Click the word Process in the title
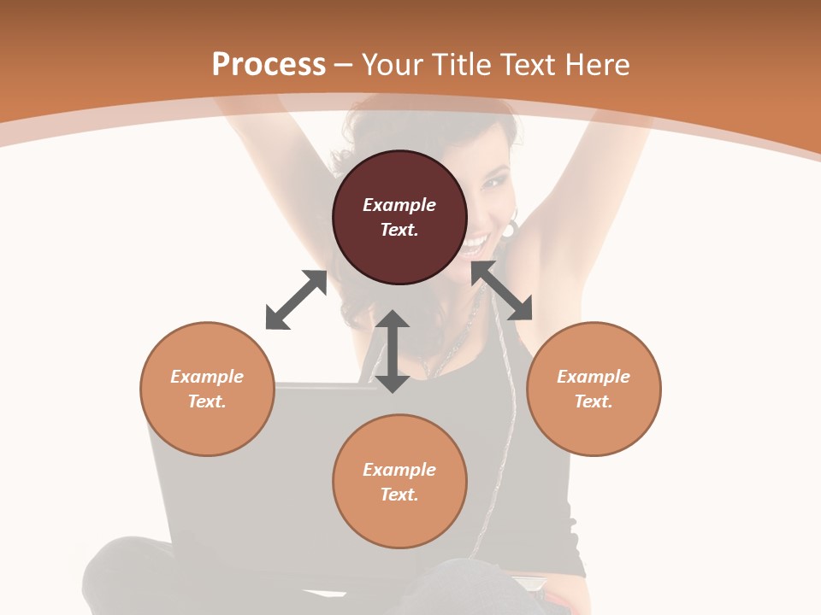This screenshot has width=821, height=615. pyautogui.click(x=269, y=65)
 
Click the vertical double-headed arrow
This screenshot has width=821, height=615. pyautogui.click(x=393, y=351)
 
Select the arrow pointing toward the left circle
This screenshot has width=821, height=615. pyautogui.click(x=296, y=300)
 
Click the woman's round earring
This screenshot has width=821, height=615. pyautogui.click(x=510, y=229)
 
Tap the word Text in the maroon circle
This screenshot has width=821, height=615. pyautogui.click(x=399, y=230)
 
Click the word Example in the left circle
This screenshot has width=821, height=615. pyautogui.click(x=207, y=377)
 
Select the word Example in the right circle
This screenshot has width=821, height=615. pyautogui.click(x=594, y=377)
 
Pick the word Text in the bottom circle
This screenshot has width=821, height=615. pyautogui.click(x=399, y=495)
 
